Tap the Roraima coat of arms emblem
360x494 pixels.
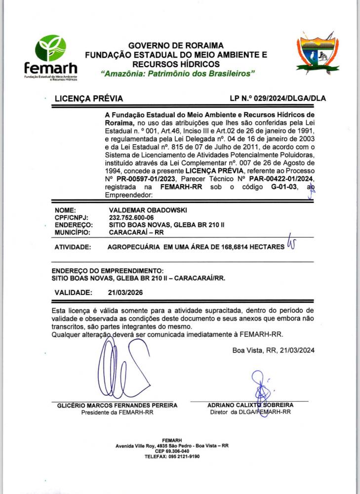(x=318, y=53)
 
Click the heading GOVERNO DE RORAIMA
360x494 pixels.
(x=176, y=45)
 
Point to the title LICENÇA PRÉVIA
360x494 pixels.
(x=88, y=98)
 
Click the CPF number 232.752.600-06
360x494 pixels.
(x=131, y=217)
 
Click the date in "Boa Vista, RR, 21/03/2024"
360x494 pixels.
(x=296, y=350)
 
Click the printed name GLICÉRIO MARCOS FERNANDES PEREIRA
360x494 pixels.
(x=117, y=406)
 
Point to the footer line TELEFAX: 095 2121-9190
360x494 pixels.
(x=172, y=456)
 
